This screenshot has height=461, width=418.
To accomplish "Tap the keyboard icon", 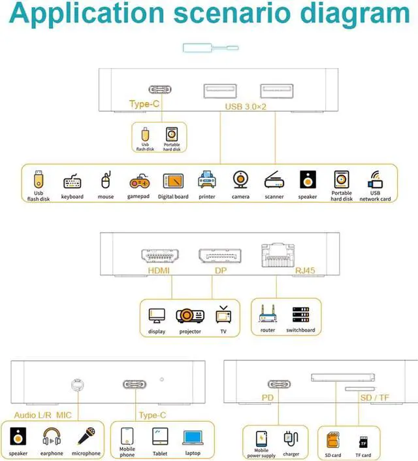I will click(x=72, y=182).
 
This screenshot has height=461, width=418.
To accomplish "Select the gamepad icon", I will click(x=138, y=181).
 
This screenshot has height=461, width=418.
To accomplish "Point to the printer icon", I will click(x=207, y=180).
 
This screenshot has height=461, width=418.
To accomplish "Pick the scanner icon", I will click(x=274, y=181).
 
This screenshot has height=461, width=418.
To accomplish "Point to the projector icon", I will click(x=190, y=316).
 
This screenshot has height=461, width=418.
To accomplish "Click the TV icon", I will click(x=223, y=315).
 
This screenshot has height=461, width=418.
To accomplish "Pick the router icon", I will click(x=268, y=315).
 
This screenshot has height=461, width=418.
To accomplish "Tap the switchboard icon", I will click(x=300, y=315).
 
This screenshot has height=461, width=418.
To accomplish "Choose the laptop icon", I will click(x=193, y=437).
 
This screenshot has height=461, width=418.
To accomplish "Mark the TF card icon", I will click(x=362, y=442).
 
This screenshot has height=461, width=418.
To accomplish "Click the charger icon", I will click(x=291, y=439).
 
